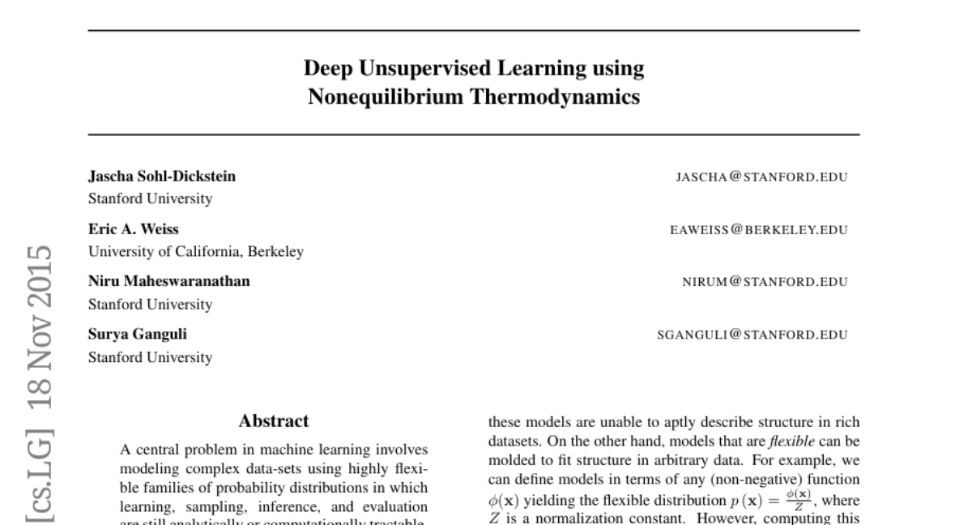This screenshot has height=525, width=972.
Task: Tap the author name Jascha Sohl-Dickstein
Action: (162, 177)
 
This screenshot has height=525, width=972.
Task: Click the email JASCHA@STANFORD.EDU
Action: (761, 177)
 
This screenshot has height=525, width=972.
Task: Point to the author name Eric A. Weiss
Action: (133, 229)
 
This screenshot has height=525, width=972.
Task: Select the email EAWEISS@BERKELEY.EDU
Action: (758, 230)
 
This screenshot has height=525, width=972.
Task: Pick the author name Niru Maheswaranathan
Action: (168, 282)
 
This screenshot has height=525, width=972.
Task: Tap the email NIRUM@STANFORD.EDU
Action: (764, 283)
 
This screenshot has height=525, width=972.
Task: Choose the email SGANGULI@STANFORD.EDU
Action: (752, 335)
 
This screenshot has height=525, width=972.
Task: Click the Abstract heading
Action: (274, 421)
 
